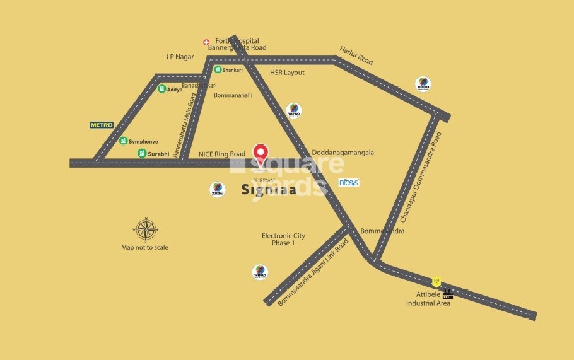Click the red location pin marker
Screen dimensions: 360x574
pos(261,153)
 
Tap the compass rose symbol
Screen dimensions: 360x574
pos(145,229)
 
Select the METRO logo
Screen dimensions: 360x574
pos(102,125)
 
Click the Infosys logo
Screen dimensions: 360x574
pos(348,182)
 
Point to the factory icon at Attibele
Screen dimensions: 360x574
pos(447,293)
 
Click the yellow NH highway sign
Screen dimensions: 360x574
pos(435,282)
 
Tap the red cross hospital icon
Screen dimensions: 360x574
pos(206,42)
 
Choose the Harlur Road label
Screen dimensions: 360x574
pos(356,55)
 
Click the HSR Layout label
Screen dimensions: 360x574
pos(287,73)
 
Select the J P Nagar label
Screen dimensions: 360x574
pos(180,57)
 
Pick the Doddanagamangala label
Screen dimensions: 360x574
pos(343,153)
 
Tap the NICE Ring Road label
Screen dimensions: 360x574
pos(221,154)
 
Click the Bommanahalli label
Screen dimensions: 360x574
pos(233,95)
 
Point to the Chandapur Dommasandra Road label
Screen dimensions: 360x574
pos(421,177)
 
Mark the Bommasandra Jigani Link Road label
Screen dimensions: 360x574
pos(313,272)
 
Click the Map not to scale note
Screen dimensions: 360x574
pos(144,247)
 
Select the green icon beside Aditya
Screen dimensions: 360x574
pos(161,89)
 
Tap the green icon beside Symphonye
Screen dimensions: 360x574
pos(124,141)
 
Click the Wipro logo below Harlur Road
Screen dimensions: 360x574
pos(423,84)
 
